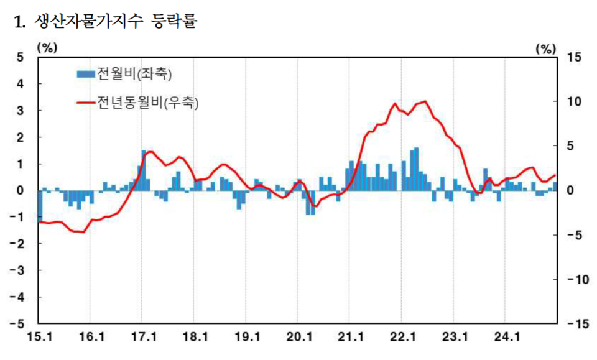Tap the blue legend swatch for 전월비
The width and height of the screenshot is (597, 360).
86,74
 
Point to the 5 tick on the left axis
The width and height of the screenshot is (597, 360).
19,57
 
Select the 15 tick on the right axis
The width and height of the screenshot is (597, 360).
574,57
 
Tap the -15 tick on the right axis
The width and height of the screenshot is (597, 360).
572,324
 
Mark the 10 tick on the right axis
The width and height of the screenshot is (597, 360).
574,101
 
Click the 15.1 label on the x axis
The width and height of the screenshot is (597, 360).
39,338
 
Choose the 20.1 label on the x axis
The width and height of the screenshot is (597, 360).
298,338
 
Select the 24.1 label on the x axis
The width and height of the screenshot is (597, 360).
506,338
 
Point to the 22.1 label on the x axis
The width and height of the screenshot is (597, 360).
402,338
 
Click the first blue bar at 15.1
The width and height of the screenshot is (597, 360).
40,206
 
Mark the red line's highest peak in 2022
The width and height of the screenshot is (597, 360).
424,101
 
